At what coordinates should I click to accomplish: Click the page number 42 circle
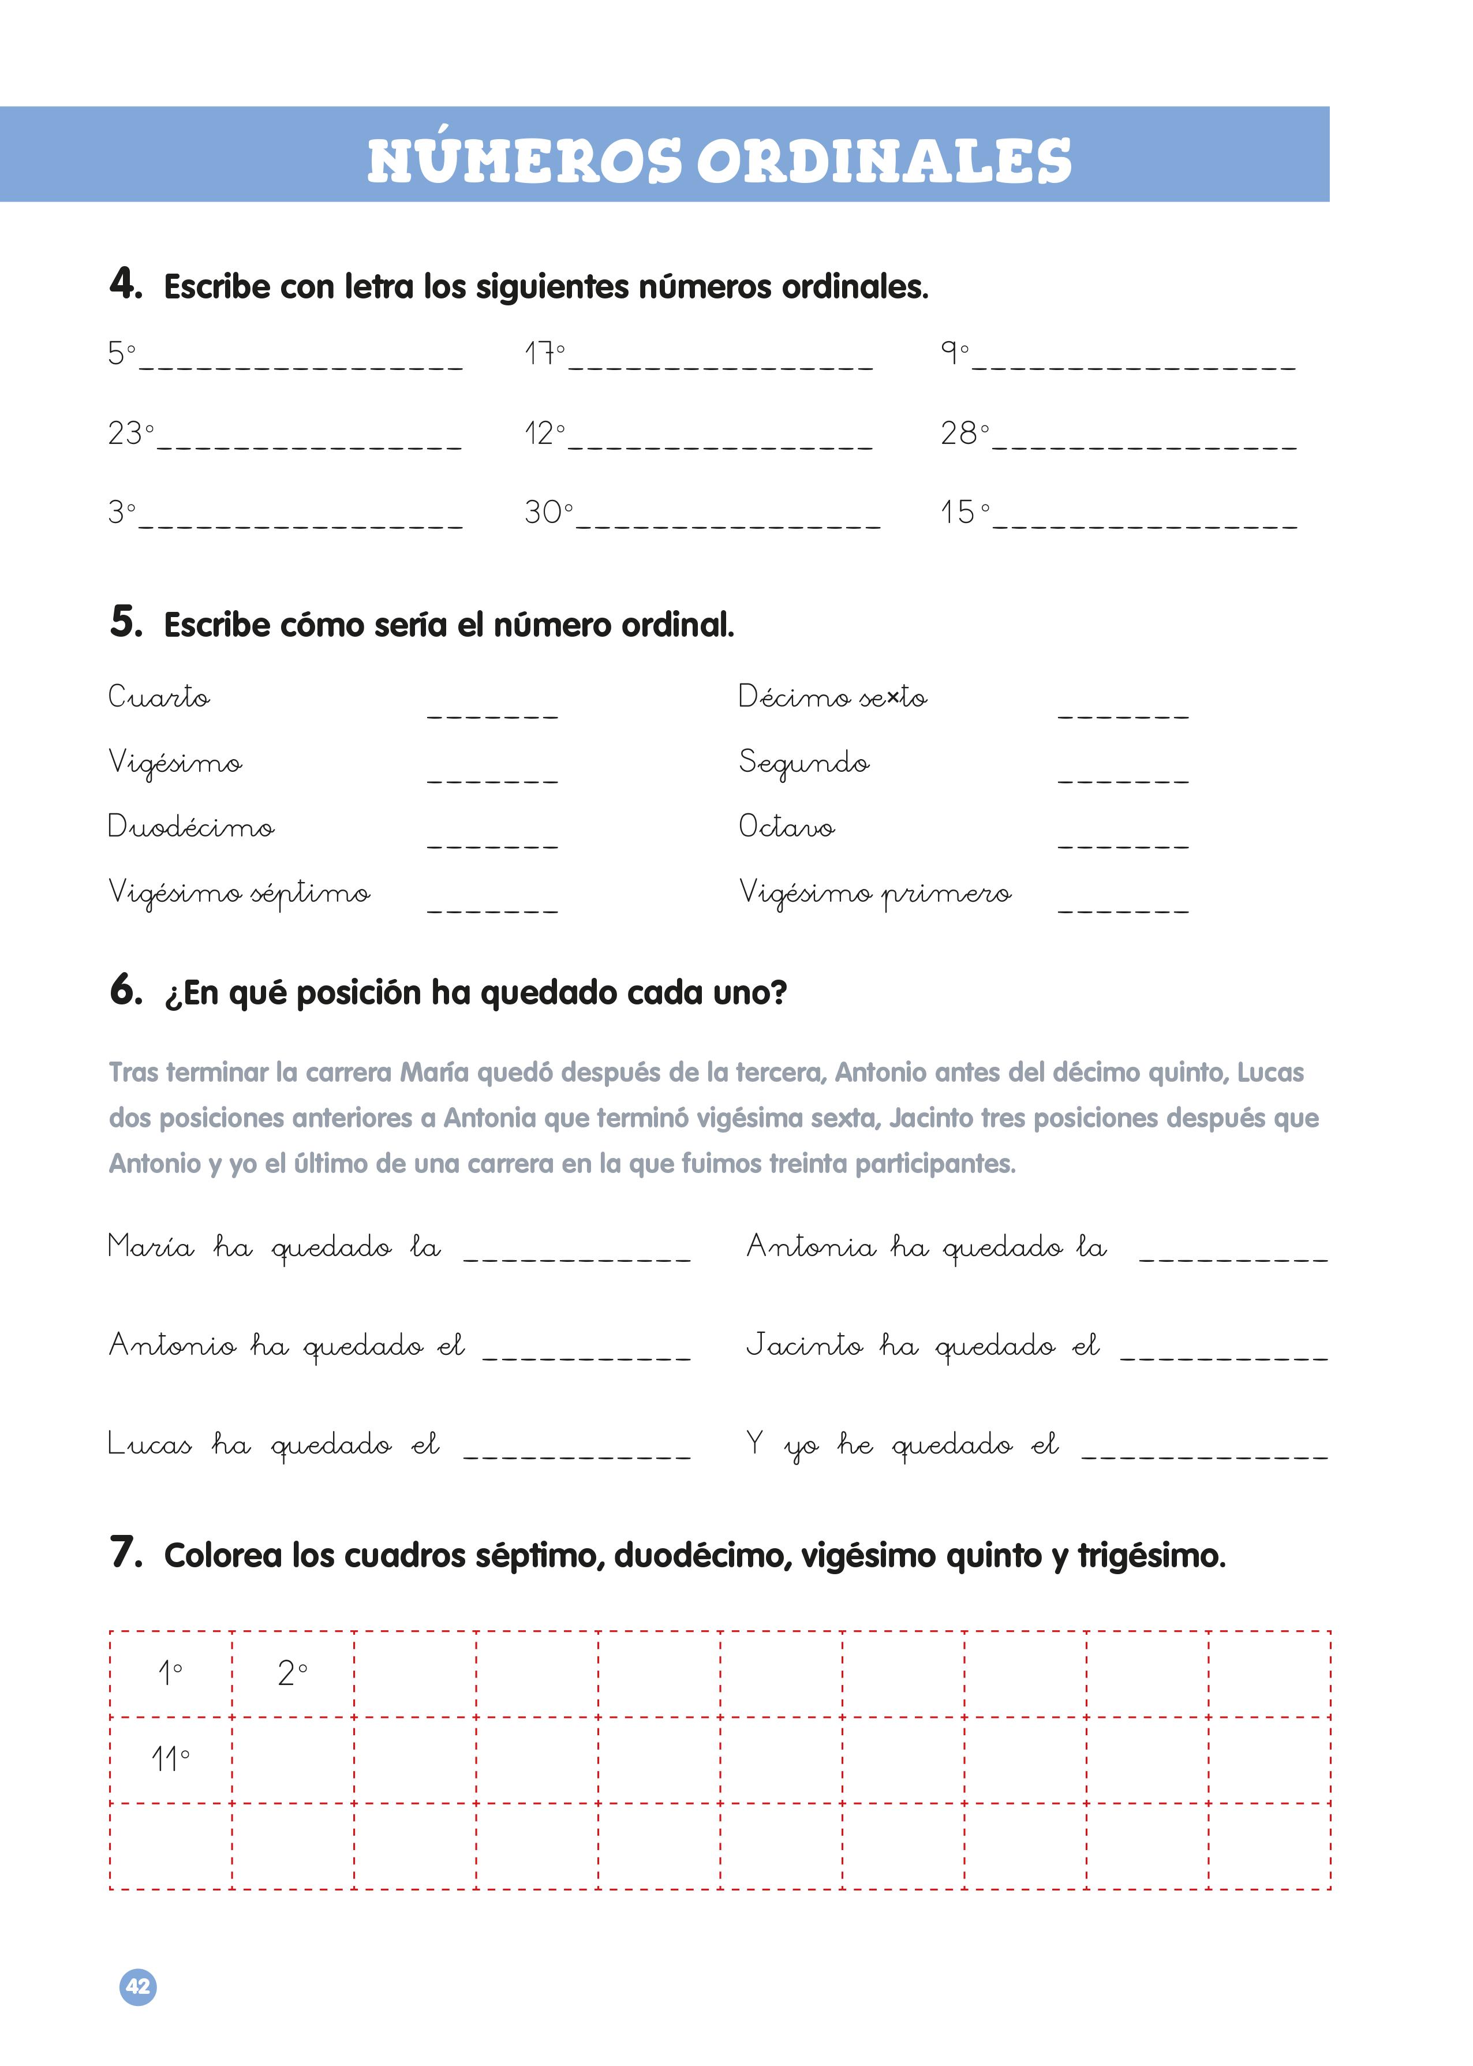(x=138, y=1986)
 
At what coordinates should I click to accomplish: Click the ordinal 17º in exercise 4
(x=544, y=353)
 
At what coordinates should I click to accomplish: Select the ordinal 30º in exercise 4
(x=548, y=513)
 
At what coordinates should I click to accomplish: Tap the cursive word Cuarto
(x=159, y=697)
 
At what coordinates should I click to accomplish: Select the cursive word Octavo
(x=786, y=826)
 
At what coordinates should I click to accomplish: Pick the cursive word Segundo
(x=803, y=763)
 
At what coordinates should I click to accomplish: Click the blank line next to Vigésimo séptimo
(x=492, y=907)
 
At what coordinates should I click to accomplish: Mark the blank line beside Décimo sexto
(x=1122, y=713)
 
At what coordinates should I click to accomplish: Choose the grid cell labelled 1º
(x=170, y=1673)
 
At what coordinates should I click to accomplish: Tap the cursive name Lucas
(x=149, y=1443)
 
